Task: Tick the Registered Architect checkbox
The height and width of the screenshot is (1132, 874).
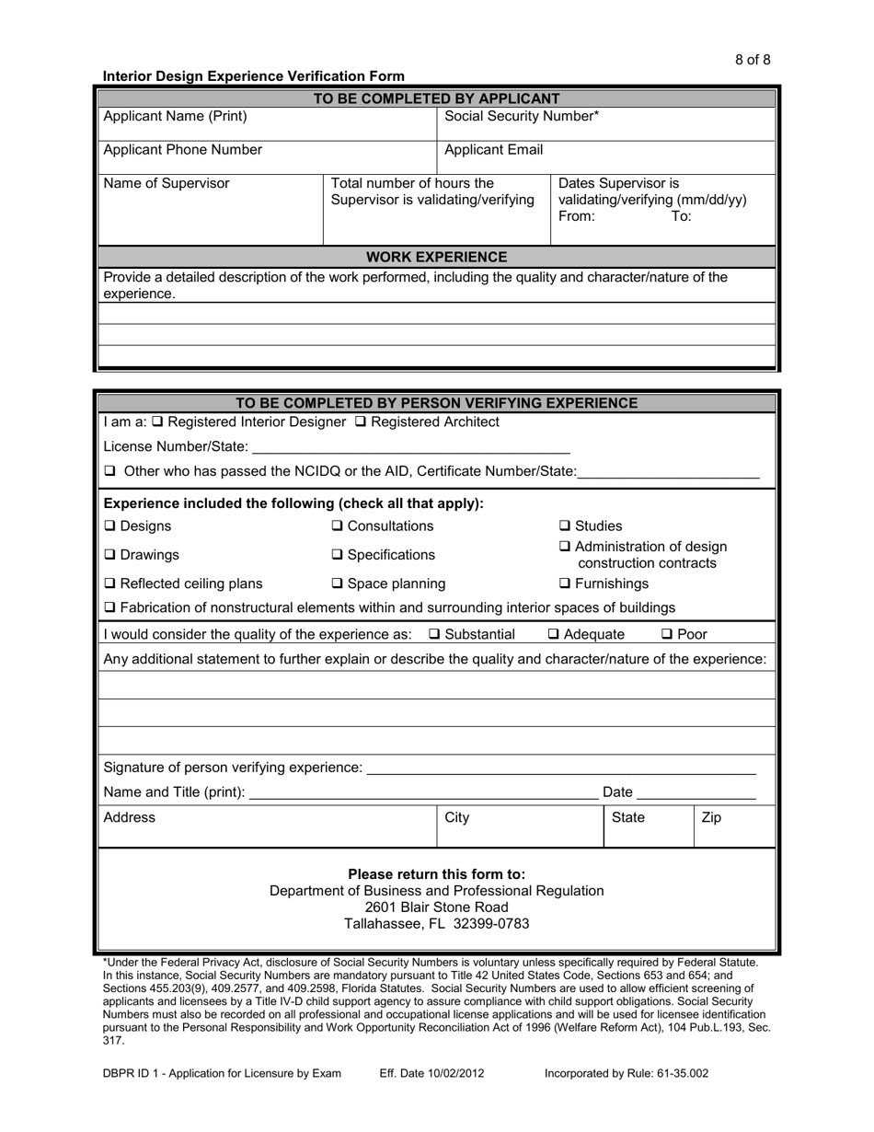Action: [x=360, y=422]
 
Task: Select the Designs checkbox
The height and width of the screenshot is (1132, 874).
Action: [x=110, y=526]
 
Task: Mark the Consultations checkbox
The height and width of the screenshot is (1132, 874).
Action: [x=337, y=526]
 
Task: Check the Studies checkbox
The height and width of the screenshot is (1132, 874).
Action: [x=565, y=526]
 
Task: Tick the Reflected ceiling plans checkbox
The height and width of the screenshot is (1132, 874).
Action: [x=110, y=583]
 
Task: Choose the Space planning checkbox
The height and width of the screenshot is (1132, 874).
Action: [x=337, y=583]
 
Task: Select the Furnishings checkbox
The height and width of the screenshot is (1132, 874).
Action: [x=565, y=583]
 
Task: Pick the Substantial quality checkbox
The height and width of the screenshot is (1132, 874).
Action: [x=435, y=634]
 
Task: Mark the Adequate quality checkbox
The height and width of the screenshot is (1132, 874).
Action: [x=553, y=634]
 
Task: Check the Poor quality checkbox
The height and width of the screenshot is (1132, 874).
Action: [x=667, y=634]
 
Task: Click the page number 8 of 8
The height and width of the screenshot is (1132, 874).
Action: [x=753, y=60]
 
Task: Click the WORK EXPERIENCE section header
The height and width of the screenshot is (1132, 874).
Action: [x=437, y=257]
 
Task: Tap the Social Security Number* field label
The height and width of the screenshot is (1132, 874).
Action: [x=522, y=117]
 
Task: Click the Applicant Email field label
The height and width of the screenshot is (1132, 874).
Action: [x=494, y=150]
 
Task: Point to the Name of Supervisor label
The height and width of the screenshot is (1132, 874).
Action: [x=167, y=183]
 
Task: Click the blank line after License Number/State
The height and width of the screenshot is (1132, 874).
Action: [x=410, y=447]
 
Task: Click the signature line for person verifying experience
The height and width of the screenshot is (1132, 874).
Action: [x=561, y=768]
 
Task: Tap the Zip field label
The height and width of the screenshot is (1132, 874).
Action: [x=711, y=817]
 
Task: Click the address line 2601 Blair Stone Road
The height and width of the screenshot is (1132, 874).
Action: [x=437, y=907]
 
